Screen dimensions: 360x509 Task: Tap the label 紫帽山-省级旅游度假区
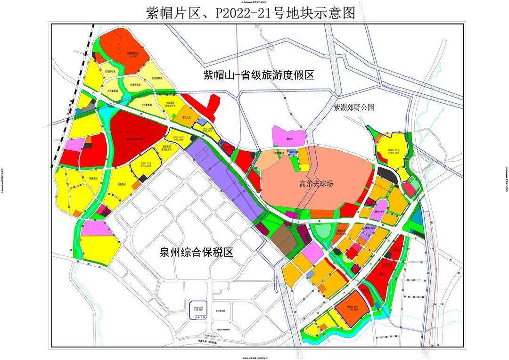[x=258, y=75]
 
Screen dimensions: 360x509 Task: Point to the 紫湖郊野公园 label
[x=353, y=107]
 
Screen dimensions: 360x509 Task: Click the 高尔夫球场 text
[x=316, y=184]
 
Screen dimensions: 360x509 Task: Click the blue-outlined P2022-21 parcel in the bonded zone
[x=197, y=309]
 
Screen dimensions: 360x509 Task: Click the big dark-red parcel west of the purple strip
[x=132, y=139]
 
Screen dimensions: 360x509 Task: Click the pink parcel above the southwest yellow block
[x=96, y=229]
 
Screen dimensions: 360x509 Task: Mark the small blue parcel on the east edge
[x=416, y=217]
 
